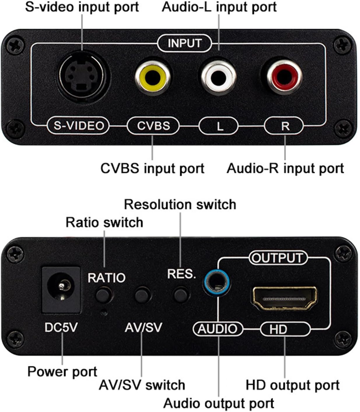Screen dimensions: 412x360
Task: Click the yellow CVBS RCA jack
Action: point(153,77)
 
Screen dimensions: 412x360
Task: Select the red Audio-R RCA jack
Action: point(284,77)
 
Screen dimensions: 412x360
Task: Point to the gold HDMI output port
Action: point(284,298)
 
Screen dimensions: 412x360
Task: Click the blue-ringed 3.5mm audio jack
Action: point(216,283)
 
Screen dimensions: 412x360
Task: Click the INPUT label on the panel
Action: point(184,43)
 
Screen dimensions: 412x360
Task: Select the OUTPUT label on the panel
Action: point(278,258)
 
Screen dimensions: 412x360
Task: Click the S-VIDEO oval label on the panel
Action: point(78,126)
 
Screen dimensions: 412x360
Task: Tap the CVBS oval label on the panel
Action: point(153,126)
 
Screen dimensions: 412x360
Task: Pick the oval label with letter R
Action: point(285,126)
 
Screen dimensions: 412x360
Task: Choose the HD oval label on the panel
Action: point(284,329)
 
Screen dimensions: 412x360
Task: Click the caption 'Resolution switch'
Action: point(180,205)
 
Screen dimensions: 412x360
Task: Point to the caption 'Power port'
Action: point(62,372)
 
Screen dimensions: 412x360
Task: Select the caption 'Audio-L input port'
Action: point(219,7)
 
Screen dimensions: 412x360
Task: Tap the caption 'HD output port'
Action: point(293,385)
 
